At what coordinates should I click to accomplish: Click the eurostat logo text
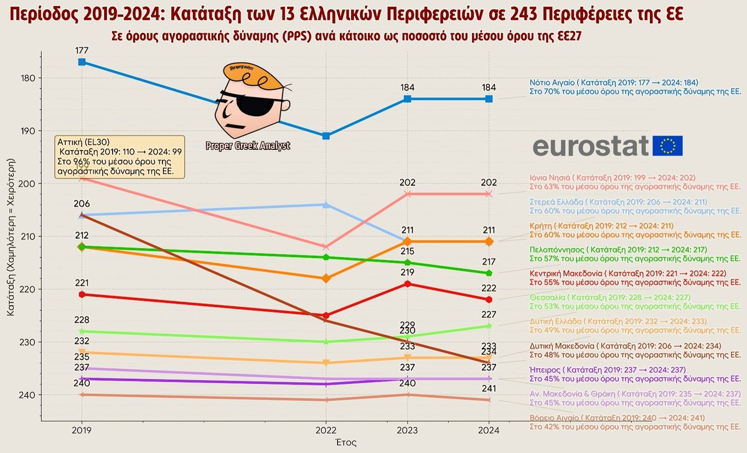[x=591, y=146]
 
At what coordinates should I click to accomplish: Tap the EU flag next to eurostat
[x=668, y=146]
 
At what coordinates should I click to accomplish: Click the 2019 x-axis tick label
[x=82, y=429]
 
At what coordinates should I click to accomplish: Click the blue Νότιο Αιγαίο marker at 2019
[x=82, y=62]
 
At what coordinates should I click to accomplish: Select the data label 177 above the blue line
[x=82, y=49]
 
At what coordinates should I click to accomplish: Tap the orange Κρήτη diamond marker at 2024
[x=489, y=241]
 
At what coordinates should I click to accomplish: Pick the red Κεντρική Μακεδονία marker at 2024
[x=489, y=300]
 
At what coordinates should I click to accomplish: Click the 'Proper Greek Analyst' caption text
[x=248, y=146]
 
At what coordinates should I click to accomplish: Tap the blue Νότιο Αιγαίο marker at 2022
[x=326, y=136]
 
